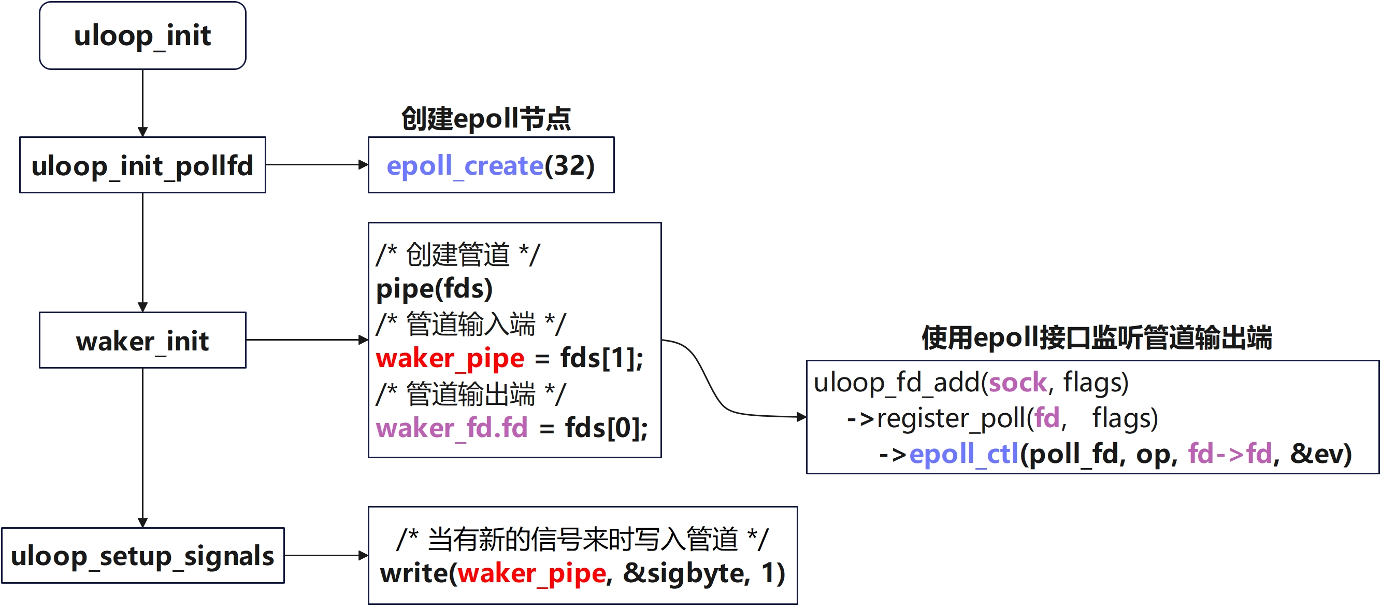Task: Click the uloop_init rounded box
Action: [x=142, y=35]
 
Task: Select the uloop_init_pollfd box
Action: [x=142, y=165]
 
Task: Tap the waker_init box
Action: [x=142, y=341]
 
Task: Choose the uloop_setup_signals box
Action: [x=142, y=556]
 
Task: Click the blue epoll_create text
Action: [x=465, y=165]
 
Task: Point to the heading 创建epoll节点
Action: [x=486, y=119]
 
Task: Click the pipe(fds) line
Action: [x=434, y=289]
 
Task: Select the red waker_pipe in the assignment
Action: [x=450, y=358]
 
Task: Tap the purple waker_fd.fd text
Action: [x=451, y=428]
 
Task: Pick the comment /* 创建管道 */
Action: [x=458, y=254]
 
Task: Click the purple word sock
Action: [x=1017, y=383]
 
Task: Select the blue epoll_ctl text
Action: [x=963, y=454]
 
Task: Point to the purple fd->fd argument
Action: [x=1230, y=454]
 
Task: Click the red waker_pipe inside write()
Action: [x=532, y=573]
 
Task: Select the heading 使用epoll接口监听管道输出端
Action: [x=1096, y=338]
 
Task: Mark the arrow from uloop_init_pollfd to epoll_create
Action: [x=317, y=165]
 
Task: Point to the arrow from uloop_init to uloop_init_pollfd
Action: [x=142, y=102]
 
